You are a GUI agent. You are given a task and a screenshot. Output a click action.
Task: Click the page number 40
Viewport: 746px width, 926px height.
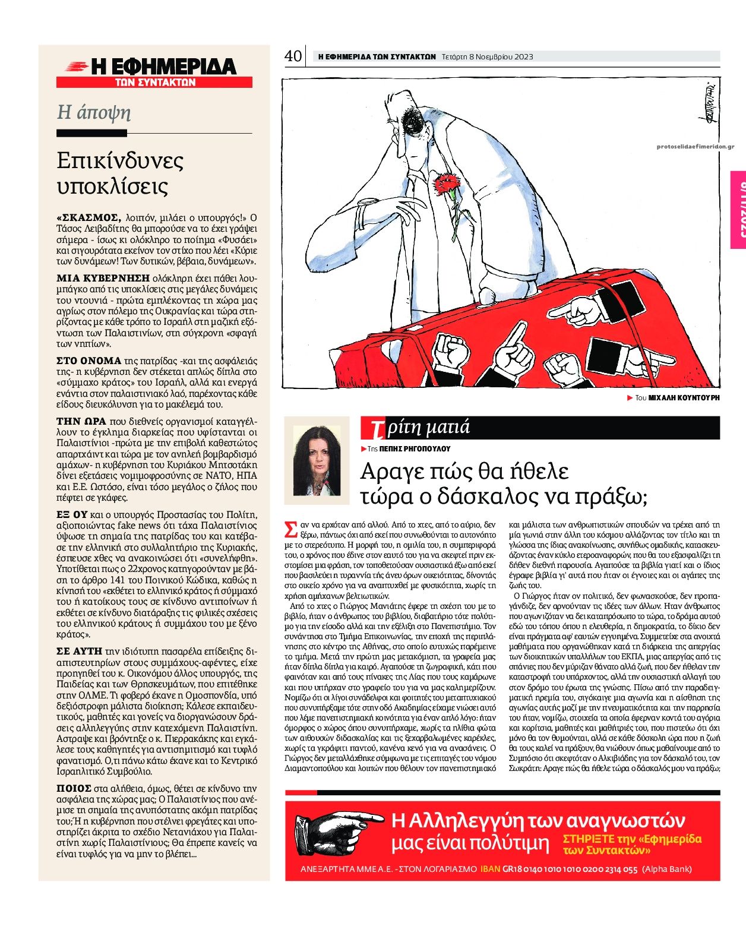293,56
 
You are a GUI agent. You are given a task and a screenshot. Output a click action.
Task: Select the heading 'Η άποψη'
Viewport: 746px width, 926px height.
94,112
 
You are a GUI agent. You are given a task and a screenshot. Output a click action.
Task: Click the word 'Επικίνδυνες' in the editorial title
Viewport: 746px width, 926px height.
120,161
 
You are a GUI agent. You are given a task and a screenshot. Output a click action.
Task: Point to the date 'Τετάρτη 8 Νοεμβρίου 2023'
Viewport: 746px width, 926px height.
487,57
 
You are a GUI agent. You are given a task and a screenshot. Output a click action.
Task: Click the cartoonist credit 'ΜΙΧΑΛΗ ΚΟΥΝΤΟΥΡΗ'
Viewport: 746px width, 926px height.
683,397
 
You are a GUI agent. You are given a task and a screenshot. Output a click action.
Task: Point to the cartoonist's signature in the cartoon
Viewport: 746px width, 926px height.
697,105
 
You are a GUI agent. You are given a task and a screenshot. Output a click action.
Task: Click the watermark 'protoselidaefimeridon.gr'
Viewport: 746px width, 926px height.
696,147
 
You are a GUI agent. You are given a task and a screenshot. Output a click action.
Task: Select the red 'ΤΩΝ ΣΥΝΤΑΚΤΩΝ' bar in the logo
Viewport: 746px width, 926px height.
154,83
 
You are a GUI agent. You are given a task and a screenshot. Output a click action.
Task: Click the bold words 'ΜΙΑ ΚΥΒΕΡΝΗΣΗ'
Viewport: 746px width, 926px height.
102,277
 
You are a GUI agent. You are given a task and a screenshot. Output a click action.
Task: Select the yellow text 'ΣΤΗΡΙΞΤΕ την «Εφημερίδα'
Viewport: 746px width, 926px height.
632,839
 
